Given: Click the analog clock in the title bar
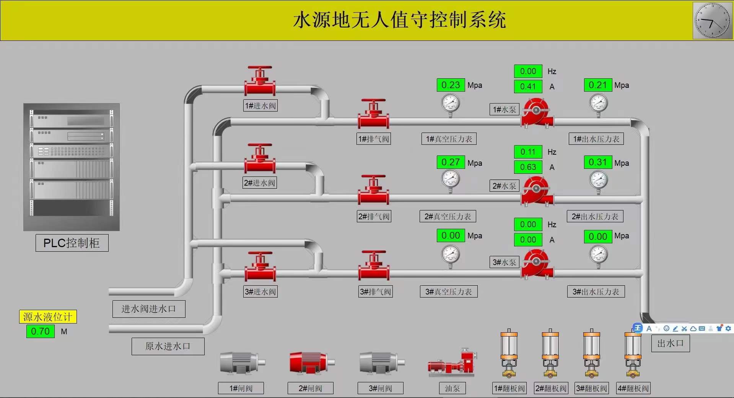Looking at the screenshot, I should (x=712, y=20).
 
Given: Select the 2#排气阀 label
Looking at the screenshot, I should (x=374, y=217).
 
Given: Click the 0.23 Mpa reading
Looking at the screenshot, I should (x=451, y=85).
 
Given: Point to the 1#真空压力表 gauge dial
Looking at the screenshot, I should (x=450, y=103).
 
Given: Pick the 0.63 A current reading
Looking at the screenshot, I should (x=528, y=167).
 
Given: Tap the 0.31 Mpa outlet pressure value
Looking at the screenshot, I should (x=597, y=162).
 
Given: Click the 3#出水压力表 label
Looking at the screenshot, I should (x=596, y=292).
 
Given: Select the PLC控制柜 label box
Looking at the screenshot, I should (x=72, y=243).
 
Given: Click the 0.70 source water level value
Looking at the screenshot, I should (x=40, y=331).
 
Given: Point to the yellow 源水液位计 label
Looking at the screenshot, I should (x=48, y=317).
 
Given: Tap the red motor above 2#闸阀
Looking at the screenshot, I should (x=311, y=362).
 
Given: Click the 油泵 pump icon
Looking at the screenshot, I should (x=452, y=362).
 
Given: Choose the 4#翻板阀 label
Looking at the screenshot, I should (x=633, y=388).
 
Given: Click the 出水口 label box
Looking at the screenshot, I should (x=670, y=343).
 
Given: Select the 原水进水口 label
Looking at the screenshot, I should (x=168, y=346).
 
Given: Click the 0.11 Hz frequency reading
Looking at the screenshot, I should (x=528, y=152).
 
